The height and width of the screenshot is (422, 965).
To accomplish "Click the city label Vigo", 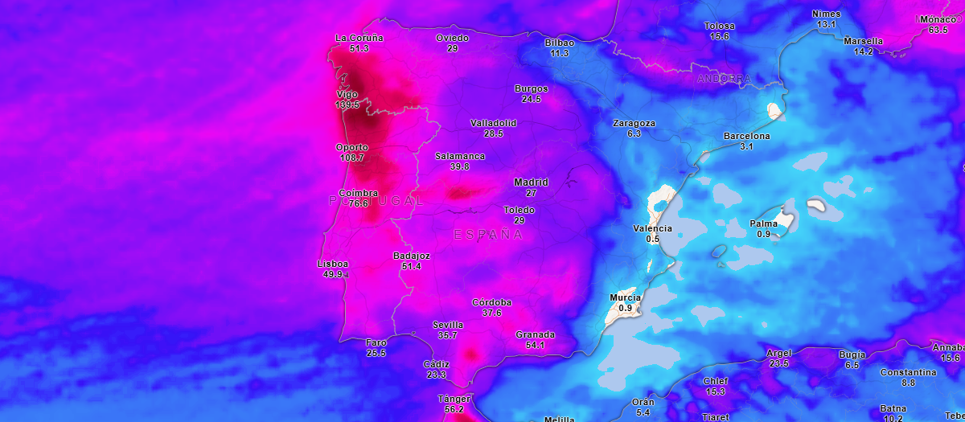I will point(347,95).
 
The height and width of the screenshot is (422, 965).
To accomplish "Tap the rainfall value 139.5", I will point(347,105).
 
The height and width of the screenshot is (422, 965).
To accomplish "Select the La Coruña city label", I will point(359,38).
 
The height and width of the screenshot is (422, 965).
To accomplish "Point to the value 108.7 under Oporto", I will point(352,158).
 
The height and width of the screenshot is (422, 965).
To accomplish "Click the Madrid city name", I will point(531,182).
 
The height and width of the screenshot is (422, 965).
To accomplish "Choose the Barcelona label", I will point(746,136).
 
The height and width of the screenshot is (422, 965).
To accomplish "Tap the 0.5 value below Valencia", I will point(652,239).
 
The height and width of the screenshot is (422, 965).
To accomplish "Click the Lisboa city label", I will point(333,264).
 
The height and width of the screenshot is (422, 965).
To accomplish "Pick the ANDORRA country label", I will point(724,79).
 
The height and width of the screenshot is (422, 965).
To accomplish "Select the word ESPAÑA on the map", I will point(488,235).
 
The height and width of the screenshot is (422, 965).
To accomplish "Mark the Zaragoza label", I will point(634,123).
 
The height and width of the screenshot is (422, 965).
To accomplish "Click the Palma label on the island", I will point(763,223).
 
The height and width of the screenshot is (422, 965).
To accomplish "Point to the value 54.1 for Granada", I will point(535,345).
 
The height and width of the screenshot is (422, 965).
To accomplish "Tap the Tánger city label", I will point(454,399).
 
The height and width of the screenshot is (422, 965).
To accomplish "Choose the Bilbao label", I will point(559,43).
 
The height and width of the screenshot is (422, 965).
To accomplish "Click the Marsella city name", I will point(863,41).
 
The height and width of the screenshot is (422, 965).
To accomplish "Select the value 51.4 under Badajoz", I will point(411,266).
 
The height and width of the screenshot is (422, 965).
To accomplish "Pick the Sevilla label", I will point(447,325).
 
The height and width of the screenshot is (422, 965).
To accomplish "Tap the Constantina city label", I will point(908,372).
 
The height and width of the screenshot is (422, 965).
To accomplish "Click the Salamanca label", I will point(459,156).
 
